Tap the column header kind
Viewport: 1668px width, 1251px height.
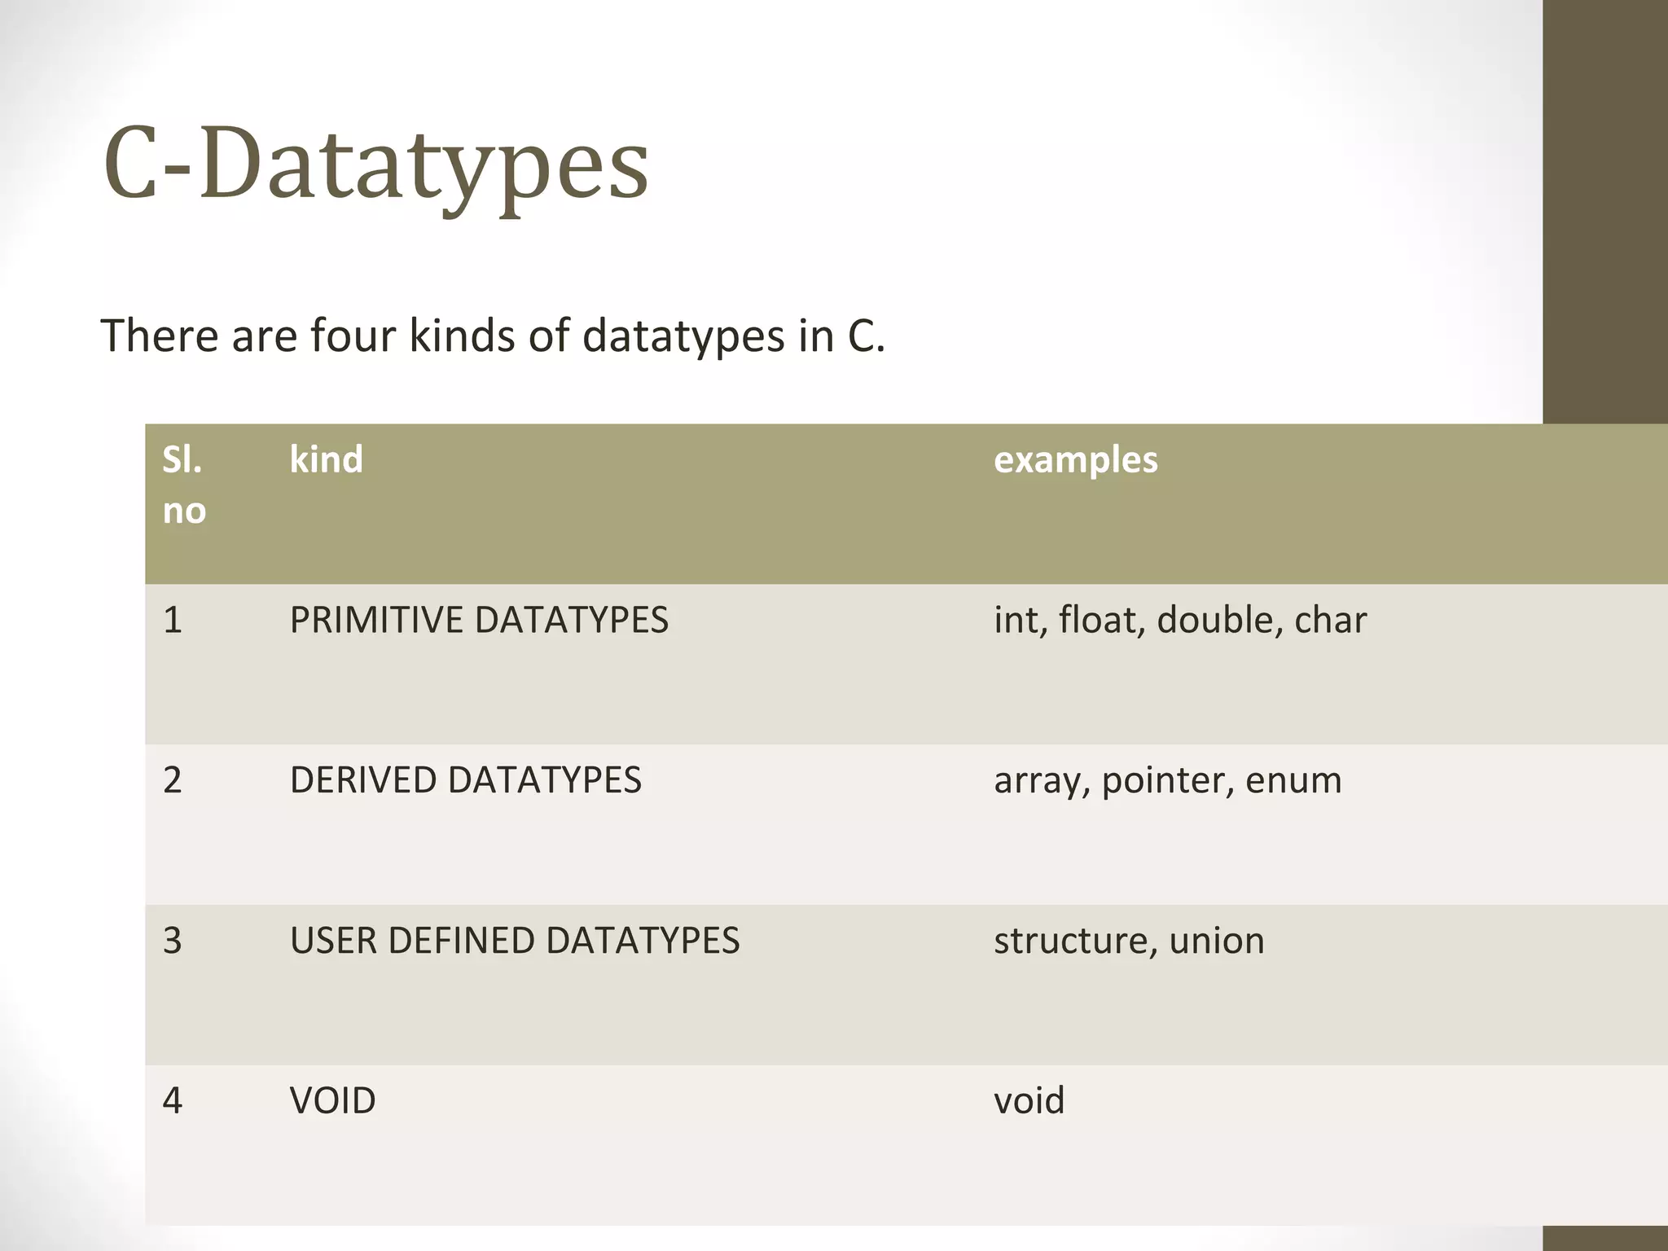(x=326, y=460)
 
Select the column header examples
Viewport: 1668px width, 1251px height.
(x=1075, y=460)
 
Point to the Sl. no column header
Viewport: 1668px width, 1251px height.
(x=184, y=485)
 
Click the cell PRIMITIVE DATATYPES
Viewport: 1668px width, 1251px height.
(x=479, y=621)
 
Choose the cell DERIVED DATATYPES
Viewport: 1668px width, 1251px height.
(x=465, y=780)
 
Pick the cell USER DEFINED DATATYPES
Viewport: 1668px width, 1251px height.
(x=515, y=941)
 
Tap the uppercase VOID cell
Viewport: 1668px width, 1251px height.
(x=332, y=1101)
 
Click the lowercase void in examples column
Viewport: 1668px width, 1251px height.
(x=1029, y=1101)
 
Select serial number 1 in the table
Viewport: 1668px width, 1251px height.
(x=173, y=621)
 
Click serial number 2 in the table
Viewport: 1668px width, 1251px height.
(x=173, y=780)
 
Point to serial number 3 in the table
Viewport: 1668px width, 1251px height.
(x=173, y=941)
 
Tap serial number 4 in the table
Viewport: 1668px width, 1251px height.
(x=173, y=1101)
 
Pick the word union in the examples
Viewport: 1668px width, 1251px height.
(x=1217, y=941)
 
